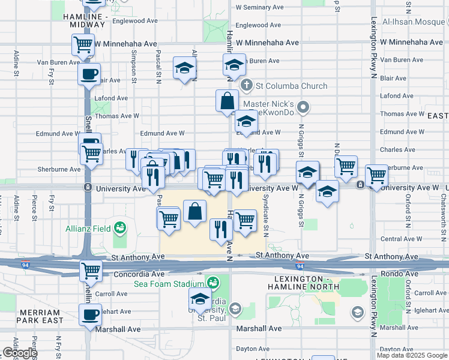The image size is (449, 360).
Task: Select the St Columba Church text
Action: tap(285, 86)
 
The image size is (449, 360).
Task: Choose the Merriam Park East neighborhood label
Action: tap(41, 316)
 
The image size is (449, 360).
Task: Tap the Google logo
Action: tap(19, 353)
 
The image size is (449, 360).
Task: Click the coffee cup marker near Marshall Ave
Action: tap(90, 314)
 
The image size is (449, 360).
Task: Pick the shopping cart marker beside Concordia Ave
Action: tap(91, 270)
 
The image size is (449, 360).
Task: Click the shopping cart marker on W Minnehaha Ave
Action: tap(83, 44)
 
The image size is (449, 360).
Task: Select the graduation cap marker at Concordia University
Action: tap(200, 298)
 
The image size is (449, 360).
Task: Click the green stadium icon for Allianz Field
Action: tap(120, 228)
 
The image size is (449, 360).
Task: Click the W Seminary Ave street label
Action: tap(262, 8)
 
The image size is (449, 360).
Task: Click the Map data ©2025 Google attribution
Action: tap(412, 355)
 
